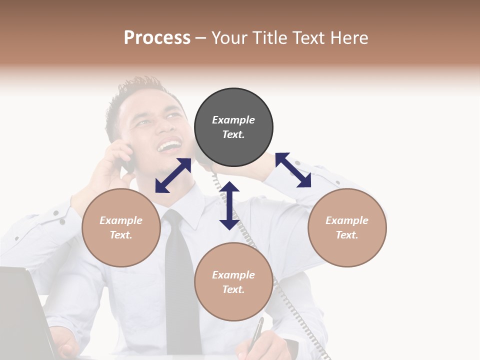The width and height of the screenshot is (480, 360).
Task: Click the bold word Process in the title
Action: [157, 37]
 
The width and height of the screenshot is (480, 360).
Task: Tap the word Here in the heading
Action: [349, 37]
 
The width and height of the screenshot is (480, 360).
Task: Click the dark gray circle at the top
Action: [233, 127]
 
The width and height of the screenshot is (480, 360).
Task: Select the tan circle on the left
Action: [121, 227]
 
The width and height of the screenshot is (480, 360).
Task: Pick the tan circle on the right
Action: [347, 227]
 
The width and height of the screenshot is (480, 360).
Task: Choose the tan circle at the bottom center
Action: [233, 282]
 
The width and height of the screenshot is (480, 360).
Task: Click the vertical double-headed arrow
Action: [229, 206]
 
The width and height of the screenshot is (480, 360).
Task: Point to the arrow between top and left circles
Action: [173, 175]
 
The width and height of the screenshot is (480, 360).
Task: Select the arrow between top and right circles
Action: [293, 170]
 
